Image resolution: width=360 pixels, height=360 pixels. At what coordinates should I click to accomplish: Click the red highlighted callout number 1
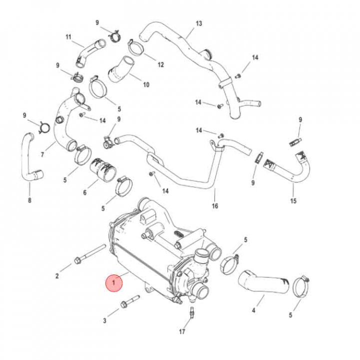pyautogui.click(x=114, y=283)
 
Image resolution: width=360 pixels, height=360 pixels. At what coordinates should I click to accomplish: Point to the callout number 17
pyautogui.click(x=182, y=331)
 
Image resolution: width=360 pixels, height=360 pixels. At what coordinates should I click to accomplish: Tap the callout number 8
pyautogui.click(x=29, y=200)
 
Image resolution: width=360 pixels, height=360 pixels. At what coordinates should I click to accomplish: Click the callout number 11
pyautogui.click(x=68, y=36)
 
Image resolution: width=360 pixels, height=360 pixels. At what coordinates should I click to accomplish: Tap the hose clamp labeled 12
pyautogui.click(x=136, y=48)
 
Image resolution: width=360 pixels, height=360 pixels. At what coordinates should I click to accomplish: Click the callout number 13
pyautogui.click(x=199, y=23)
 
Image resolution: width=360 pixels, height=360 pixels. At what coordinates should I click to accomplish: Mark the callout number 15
pyautogui.click(x=293, y=201)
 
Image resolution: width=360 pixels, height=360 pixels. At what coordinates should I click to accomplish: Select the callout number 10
pyautogui.click(x=146, y=84)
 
